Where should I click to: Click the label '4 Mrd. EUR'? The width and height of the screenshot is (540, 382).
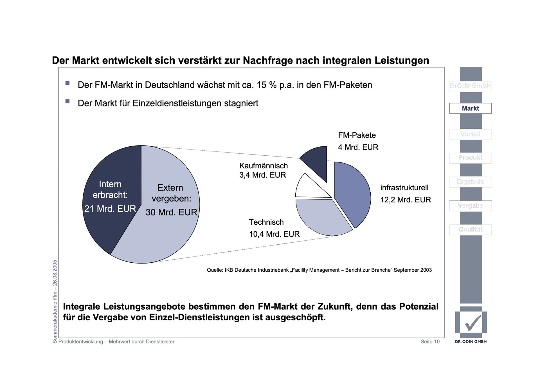pyautogui.click(x=358, y=147)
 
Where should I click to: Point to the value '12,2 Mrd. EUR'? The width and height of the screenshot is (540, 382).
pyautogui.click(x=405, y=200)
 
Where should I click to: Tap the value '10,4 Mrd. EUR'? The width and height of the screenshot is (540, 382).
pyautogui.click(x=274, y=234)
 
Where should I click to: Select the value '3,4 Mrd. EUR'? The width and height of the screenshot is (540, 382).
pyautogui.click(x=262, y=175)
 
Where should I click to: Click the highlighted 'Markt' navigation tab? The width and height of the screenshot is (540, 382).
pyautogui.click(x=470, y=108)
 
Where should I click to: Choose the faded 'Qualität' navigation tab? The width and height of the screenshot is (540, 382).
pyautogui.click(x=470, y=230)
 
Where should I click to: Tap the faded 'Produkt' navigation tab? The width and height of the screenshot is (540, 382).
pyautogui.click(x=470, y=158)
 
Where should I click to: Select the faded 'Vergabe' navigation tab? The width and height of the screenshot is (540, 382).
pyautogui.click(x=470, y=206)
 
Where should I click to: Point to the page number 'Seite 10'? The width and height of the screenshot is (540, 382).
pyautogui.click(x=430, y=342)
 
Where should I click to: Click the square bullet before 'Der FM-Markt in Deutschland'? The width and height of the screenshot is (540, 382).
pyautogui.click(x=67, y=83)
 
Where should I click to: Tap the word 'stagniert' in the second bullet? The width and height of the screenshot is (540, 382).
pyautogui.click(x=241, y=104)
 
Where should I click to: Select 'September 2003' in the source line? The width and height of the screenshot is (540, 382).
pyautogui.click(x=413, y=270)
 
